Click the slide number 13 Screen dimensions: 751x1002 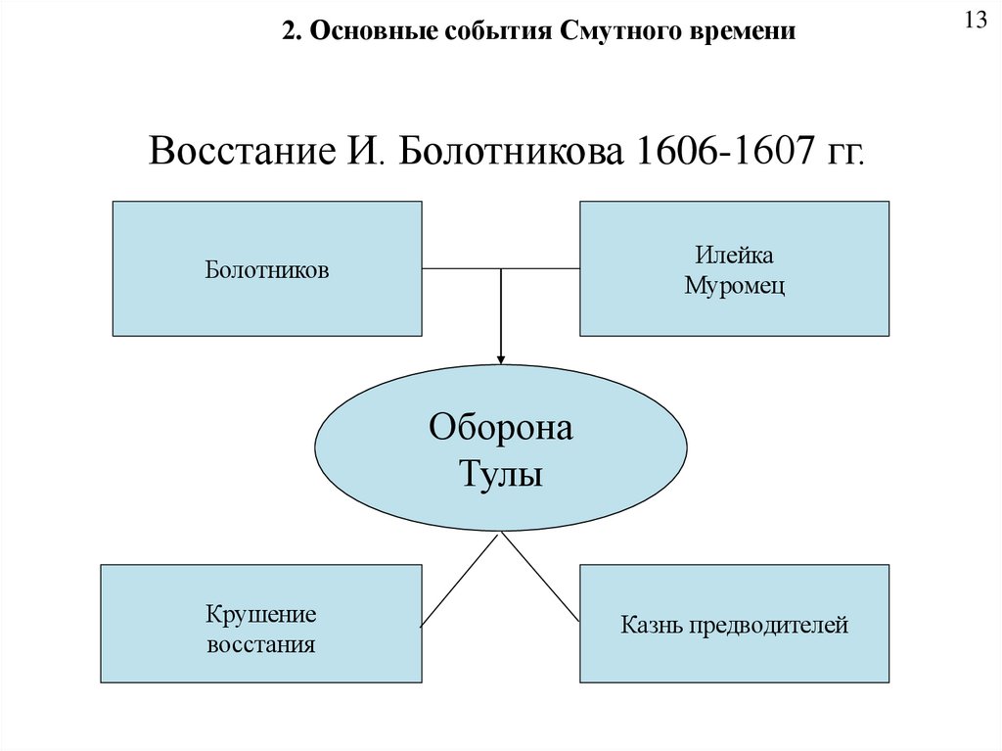coord(976,23)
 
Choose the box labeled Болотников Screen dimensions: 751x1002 coord(267,269)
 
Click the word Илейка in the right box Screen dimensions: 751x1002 coord(735,256)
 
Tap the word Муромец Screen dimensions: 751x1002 coord(735,287)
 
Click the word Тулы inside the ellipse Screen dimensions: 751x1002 coord(501,478)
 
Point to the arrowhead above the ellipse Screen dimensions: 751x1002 coord(501,359)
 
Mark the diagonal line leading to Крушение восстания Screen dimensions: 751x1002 coord(460,580)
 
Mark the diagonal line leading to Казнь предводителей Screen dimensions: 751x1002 coord(541,580)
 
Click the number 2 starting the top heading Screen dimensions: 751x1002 coord(288,32)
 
